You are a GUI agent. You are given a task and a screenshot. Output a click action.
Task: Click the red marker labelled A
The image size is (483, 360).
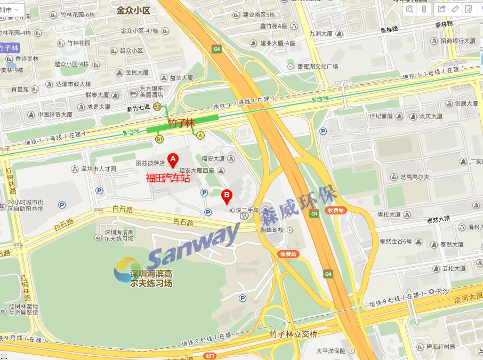172,159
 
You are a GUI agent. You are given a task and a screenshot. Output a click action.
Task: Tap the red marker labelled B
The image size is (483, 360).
227,196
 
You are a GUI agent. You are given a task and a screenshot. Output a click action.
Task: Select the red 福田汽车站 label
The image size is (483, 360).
168,178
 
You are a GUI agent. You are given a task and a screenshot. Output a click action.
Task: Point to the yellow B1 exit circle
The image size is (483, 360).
159,139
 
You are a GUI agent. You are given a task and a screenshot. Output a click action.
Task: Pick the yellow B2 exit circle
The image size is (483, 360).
157,107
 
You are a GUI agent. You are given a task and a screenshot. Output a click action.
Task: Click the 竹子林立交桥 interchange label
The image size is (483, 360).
293,334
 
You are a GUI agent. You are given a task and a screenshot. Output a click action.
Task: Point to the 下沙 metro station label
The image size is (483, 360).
439,292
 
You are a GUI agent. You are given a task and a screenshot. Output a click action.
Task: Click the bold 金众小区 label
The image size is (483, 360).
134,10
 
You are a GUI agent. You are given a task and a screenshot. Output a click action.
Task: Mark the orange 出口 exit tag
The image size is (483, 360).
210,356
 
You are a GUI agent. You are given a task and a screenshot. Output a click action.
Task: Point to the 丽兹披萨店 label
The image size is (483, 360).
150,164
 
